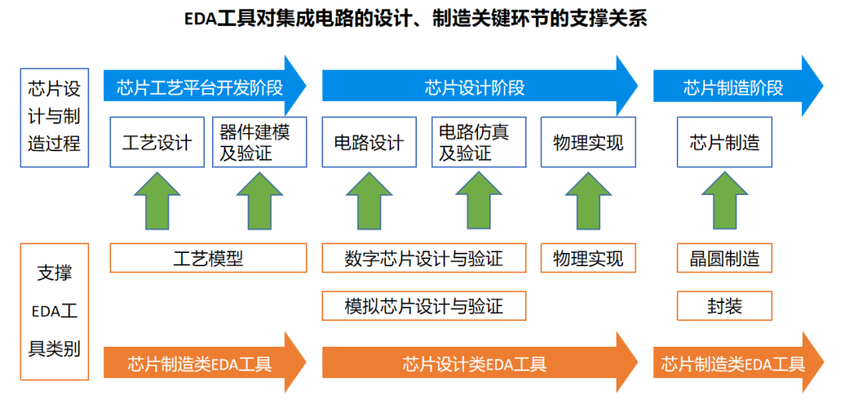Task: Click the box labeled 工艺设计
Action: (x=156, y=142)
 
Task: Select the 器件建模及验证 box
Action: (x=259, y=142)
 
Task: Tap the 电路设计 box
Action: (x=369, y=142)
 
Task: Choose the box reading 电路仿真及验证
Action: (x=478, y=142)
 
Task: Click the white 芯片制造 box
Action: (x=725, y=142)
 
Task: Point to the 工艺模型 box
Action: (x=207, y=258)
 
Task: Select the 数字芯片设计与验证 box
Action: (x=423, y=258)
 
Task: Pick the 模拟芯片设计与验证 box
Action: (x=423, y=306)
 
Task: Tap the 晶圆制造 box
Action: (x=725, y=258)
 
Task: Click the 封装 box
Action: (x=725, y=306)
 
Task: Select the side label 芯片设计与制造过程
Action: (x=54, y=117)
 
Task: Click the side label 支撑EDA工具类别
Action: (x=54, y=312)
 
